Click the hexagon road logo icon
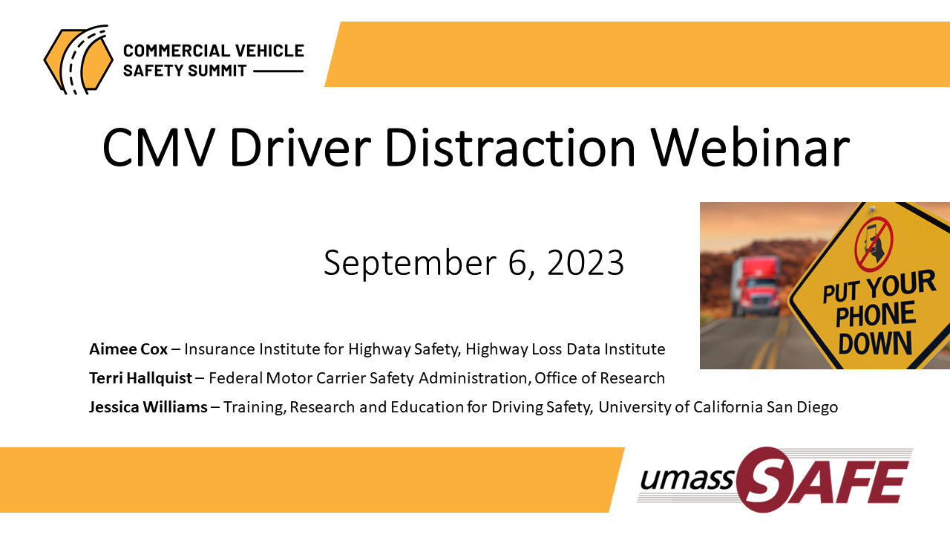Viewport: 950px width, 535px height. [79, 59]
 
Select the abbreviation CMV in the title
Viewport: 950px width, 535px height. [157, 147]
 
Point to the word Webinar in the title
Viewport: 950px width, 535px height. [750, 146]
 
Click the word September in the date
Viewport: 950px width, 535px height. [410, 264]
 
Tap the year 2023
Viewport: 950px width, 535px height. [586, 263]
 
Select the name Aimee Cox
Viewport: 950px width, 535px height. [128, 349]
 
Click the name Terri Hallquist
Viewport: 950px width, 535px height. [141, 378]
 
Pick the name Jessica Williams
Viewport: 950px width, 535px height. [148, 406]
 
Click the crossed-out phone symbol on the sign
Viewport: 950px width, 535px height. [874, 244]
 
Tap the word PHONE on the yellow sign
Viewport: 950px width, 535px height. [875, 314]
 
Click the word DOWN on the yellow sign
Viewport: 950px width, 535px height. [875, 343]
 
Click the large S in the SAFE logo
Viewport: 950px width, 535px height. [767, 479]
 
